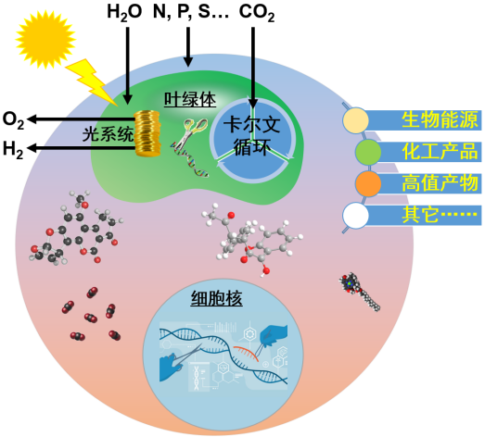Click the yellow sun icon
coord(45,39)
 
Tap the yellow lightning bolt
coord(91,81)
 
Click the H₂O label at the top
coord(124,13)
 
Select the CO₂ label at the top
coord(257,13)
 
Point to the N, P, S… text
coord(191,12)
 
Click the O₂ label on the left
coord(13,120)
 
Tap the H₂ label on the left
coord(13,149)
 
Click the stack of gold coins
coord(147,133)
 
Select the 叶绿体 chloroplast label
coord(190,99)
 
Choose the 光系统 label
coord(108,134)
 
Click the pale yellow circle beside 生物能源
coord(356,120)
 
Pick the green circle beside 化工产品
coord(368,152)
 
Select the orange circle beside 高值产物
coord(368,183)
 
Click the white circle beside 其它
coord(356,216)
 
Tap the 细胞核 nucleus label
coord(216,298)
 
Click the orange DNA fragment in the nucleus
coord(247,353)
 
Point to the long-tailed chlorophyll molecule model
coord(360,292)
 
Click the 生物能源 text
coord(440,119)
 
